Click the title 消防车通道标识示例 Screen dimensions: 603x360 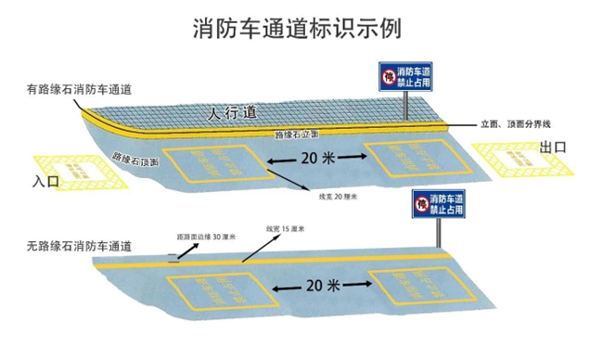tap(301, 28)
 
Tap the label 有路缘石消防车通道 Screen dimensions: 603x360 tap(79, 89)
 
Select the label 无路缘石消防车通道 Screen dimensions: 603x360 tap(79, 247)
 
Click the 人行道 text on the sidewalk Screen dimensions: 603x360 tap(230, 113)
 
